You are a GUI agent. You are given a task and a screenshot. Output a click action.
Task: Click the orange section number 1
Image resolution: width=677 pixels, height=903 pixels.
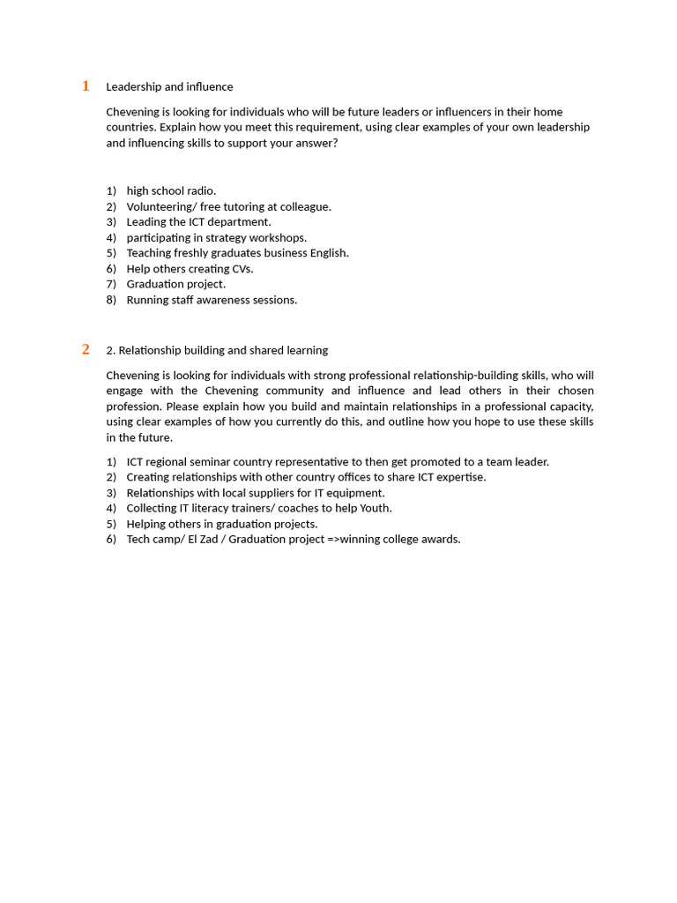[86, 86]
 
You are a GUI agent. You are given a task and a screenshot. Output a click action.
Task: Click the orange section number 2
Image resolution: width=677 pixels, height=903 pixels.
[86, 349]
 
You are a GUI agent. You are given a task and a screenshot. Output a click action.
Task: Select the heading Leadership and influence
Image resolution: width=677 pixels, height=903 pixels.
[169, 86]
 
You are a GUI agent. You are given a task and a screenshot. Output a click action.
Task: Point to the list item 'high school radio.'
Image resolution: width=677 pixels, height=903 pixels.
[171, 190]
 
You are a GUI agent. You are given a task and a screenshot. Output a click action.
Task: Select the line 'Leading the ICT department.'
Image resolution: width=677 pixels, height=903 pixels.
[198, 222]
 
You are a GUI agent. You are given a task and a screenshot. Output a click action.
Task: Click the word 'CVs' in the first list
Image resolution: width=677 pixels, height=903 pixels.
[241, 269]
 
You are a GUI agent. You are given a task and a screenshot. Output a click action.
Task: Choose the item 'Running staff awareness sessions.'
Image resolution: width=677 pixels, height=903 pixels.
[212, 300]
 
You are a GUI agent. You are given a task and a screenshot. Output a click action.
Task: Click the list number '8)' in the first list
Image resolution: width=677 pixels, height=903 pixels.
[111, 300]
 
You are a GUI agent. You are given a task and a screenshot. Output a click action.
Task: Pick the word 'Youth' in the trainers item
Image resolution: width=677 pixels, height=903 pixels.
[376, 508]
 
